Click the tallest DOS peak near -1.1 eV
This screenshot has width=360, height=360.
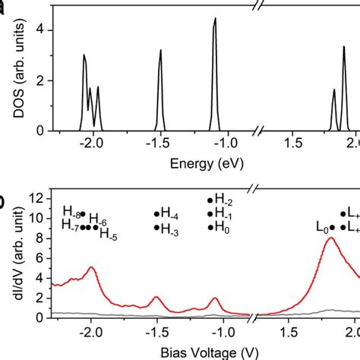(x=215, y=20)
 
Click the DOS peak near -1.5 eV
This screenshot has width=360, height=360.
(x=161, y=52)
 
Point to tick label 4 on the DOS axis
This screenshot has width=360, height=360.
(x=51, y=30)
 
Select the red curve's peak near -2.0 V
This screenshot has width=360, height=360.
(x=91, y=267)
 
